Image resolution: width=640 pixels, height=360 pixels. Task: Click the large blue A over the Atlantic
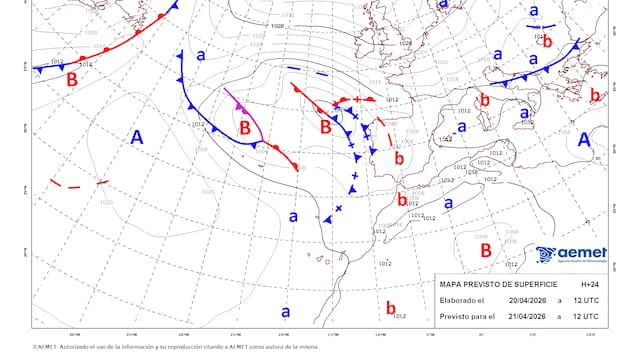click(139, 140)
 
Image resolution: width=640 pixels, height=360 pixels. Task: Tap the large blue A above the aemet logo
click(585, 140)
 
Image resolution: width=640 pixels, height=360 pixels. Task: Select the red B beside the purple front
click(246, 127)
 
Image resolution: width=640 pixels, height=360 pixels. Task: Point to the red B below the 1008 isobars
click(485, 250)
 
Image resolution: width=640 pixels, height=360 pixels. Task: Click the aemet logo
click(571, 256)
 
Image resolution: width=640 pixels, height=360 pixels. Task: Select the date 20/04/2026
click(526, 300)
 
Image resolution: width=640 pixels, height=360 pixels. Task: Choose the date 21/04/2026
click(526, 316)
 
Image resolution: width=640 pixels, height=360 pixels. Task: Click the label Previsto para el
click(469, 316)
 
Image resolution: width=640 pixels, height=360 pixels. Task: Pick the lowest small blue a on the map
click(285, 311)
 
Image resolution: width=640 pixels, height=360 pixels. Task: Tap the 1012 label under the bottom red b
click(400, 317)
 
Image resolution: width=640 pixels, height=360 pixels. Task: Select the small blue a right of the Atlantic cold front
click(200, 56)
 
